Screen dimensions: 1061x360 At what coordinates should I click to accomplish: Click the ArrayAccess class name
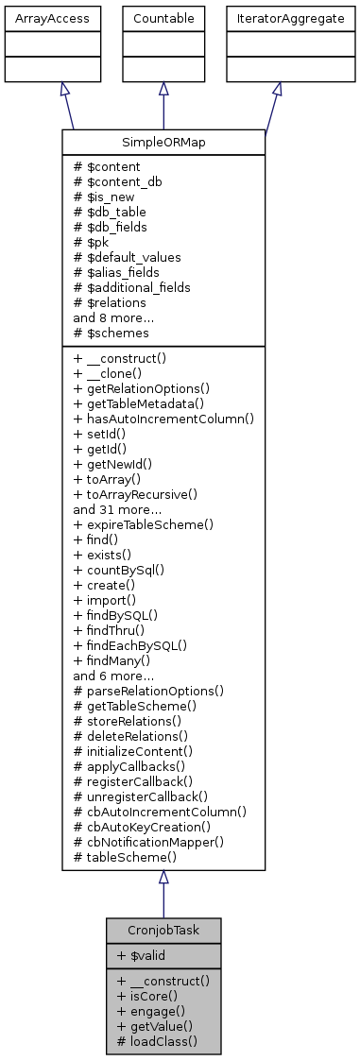(x=38, y=18)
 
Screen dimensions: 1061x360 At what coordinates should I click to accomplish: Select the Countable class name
(x=163, y=18)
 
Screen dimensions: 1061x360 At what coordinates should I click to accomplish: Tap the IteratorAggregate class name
(x=277, y=18)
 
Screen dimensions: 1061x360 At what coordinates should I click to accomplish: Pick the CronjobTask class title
(x=163, y=930)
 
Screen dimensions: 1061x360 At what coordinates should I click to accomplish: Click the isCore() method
(x=149, y=995)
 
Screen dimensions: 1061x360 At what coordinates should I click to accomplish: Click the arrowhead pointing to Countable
(x=163, y=88)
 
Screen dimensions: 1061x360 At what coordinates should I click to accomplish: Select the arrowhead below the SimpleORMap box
(x=163, y=877)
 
